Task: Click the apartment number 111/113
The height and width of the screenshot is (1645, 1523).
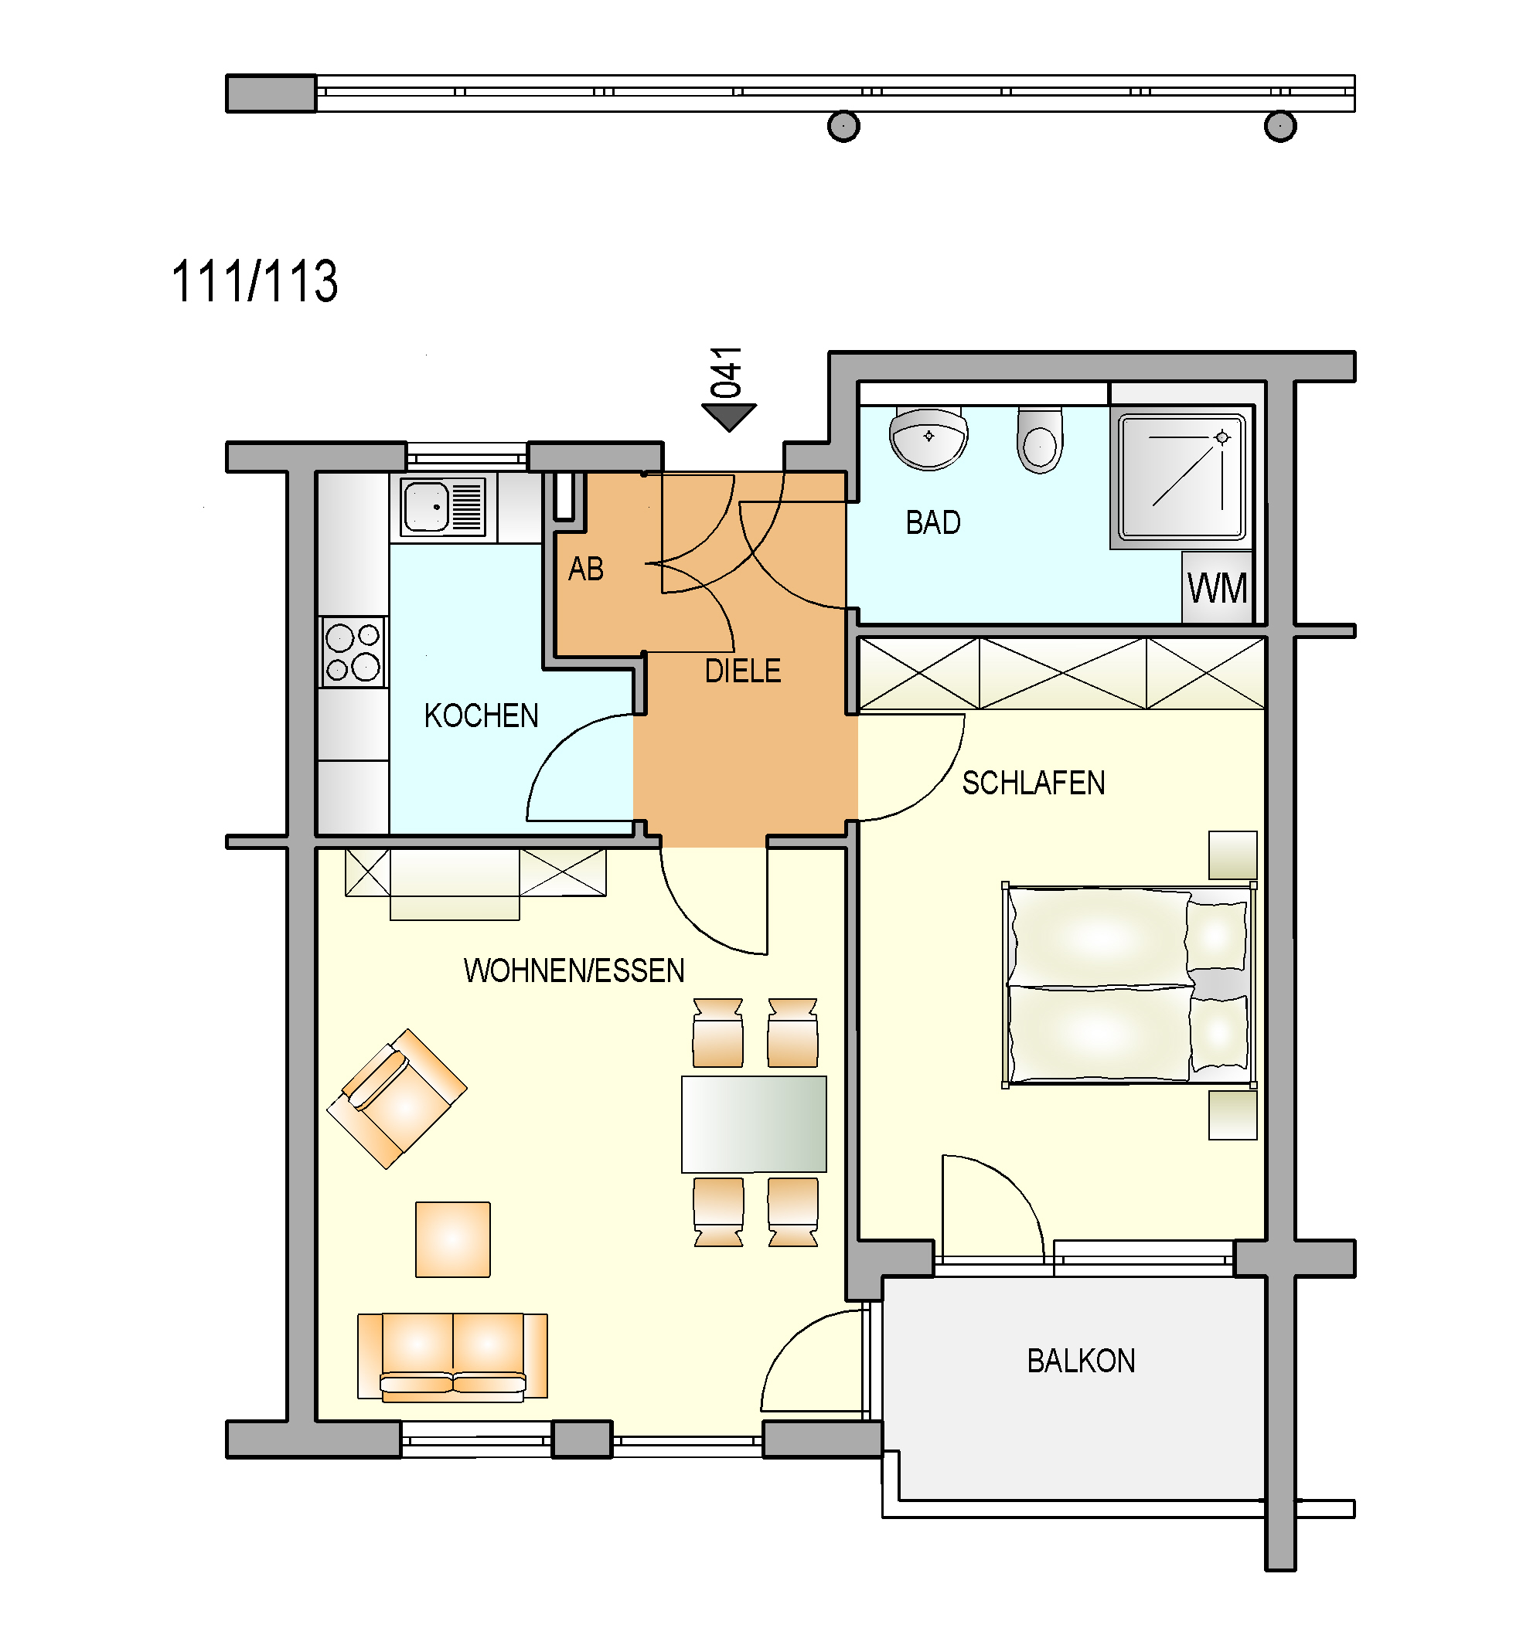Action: [x=254, y=281]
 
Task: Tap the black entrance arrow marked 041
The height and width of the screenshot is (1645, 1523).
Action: [x=729, y=416]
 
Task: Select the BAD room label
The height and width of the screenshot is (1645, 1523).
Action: [x=933, y=523]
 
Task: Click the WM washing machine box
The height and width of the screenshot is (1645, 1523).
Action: [x=1218, y=587]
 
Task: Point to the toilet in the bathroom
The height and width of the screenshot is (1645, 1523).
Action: [x=1040, y=440]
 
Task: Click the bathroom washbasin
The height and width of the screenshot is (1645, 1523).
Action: [x=928, y=438]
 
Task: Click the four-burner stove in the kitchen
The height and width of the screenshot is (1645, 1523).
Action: [x=353, y=651]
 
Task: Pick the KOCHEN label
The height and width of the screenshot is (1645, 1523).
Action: [x=482, y=715]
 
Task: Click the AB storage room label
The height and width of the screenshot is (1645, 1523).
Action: [x=586, y=569]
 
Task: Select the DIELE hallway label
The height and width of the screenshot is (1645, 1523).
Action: [x=742, y=671]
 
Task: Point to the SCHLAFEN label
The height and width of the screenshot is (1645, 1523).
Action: [x=1034, y=783]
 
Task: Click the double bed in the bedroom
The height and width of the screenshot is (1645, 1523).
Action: [x=1129, y=985]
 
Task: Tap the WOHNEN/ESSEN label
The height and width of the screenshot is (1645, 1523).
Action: [x=574, y=971]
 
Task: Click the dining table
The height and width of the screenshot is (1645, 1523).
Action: [x=754, y=1123]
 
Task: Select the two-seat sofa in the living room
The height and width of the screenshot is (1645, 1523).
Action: [x=452, y=1357]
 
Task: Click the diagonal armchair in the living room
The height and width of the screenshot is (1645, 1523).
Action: [x=397, y=1099]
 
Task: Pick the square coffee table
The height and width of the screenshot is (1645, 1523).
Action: [x=453, y=1239]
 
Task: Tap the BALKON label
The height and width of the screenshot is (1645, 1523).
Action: [x=1082, y=1361]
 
